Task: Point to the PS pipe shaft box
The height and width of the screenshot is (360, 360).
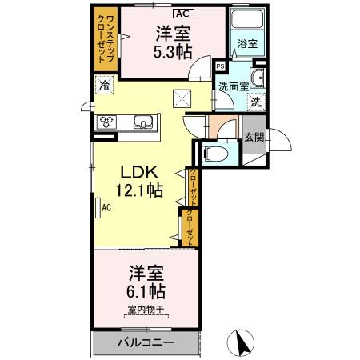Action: click(x=221, y=66)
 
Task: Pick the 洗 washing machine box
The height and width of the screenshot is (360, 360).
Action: click(x=255, y=102)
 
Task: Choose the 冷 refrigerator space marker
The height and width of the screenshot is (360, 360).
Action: click(x=104, y=85)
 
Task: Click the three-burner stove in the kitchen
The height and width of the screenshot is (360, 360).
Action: click(x=107, y=122)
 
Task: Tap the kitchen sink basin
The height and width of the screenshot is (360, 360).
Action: click(x=143, y=122)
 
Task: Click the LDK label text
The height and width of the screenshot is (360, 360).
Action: click(x=142, y=172)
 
